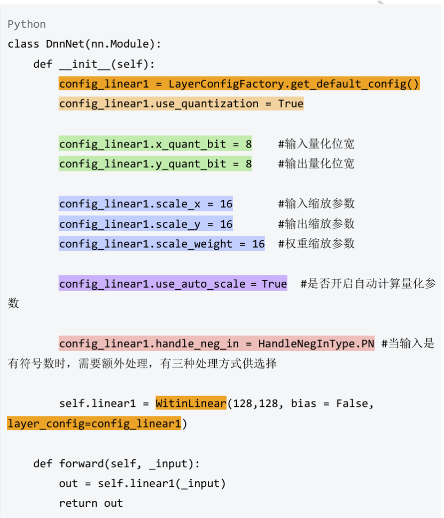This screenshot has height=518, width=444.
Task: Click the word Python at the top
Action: pos(27,25)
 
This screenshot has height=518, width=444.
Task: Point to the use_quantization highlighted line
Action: pos(181,104)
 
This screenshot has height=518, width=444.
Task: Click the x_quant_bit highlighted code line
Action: pos(155,144)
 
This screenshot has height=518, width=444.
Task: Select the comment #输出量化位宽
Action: pos(316,164)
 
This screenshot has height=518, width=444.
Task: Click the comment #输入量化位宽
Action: pos(316,144)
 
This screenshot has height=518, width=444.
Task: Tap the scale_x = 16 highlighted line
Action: pos(146,204)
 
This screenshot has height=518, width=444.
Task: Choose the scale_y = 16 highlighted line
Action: pos(146,224)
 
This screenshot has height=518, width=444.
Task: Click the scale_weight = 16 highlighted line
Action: pos(162,244)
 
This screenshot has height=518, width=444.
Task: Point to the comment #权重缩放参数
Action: pos(316,244)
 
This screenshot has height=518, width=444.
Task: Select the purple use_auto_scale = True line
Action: pos(173,284)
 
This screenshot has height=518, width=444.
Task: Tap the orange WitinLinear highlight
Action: pos(191,404)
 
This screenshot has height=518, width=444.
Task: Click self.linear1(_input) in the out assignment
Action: pos(162,484)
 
